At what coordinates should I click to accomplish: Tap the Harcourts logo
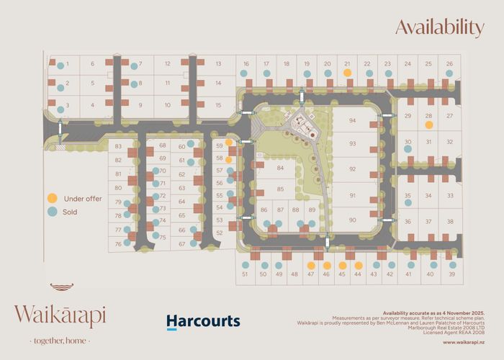[x=203, y=321]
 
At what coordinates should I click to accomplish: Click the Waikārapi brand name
[x=60, y=315]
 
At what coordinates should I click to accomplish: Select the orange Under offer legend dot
[x=53, y=198]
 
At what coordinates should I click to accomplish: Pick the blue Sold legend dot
[x=53, y=212]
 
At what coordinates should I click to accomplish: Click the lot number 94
[x=353, y=121]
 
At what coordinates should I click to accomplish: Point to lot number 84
[x=280, y=168]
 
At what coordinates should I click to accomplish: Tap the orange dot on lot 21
[x=347, y=73]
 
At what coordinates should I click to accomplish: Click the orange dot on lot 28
[x=428, y=125]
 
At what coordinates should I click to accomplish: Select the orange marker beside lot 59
[x=228, y=143]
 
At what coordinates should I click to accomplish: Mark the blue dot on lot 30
[x=408, y=149]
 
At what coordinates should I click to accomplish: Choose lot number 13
[x=217, y=64]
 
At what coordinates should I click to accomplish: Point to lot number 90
[x=353, y=220]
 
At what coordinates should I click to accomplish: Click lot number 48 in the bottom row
[x=294, y=274]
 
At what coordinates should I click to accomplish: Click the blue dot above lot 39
[x=452, y=264]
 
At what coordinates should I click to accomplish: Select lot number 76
[x=117, y=244]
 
